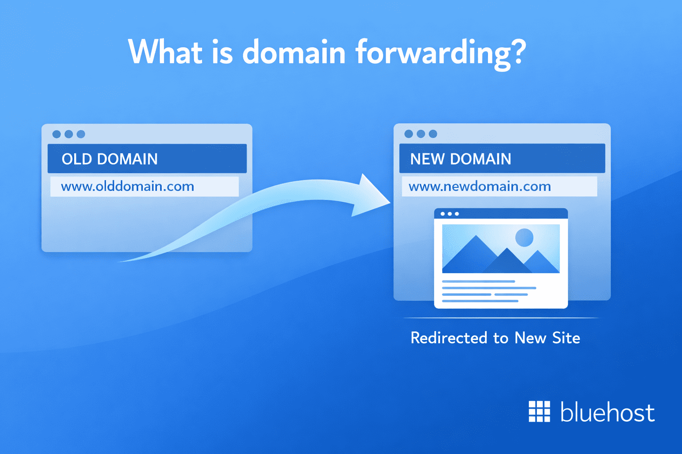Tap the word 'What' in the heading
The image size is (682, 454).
tap(166, 52)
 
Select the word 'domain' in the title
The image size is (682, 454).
tap(294, 52)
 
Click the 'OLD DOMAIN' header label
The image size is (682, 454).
tap(110, 159)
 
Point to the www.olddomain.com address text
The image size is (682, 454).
tap(127, 186)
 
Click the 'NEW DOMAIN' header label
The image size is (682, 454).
tap(460, 159)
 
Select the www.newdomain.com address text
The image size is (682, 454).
tap(480, 186)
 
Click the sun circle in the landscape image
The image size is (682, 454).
tap(524, 237)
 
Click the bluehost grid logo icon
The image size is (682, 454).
tap(539, 411)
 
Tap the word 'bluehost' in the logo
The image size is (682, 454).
tap(607, 412)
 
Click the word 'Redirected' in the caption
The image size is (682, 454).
tap(449, 338)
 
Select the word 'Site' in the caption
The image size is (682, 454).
tap(566, 338)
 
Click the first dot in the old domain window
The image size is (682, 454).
tap(56, 134)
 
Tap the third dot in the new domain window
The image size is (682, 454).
tap(433, 134)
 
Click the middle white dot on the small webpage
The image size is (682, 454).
tap(450, 214)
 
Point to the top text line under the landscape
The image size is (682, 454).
tap(478, 281)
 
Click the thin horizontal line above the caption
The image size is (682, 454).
tap(500, 318)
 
